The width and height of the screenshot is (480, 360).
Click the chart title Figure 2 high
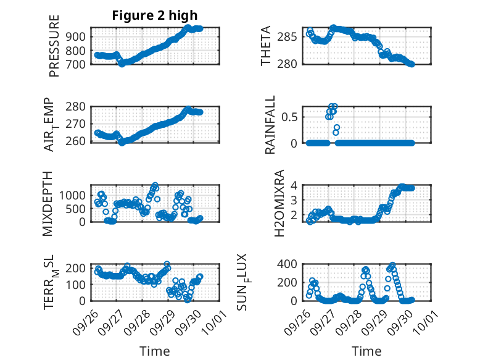[x=155, y=16]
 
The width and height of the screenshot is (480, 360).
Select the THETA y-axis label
[x=266, y=46]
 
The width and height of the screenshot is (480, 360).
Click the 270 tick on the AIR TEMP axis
[x=77, y=124]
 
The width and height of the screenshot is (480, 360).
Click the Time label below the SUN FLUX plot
[x=366, y=351]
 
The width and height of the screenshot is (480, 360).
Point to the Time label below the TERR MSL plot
[x=155, y=351]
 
